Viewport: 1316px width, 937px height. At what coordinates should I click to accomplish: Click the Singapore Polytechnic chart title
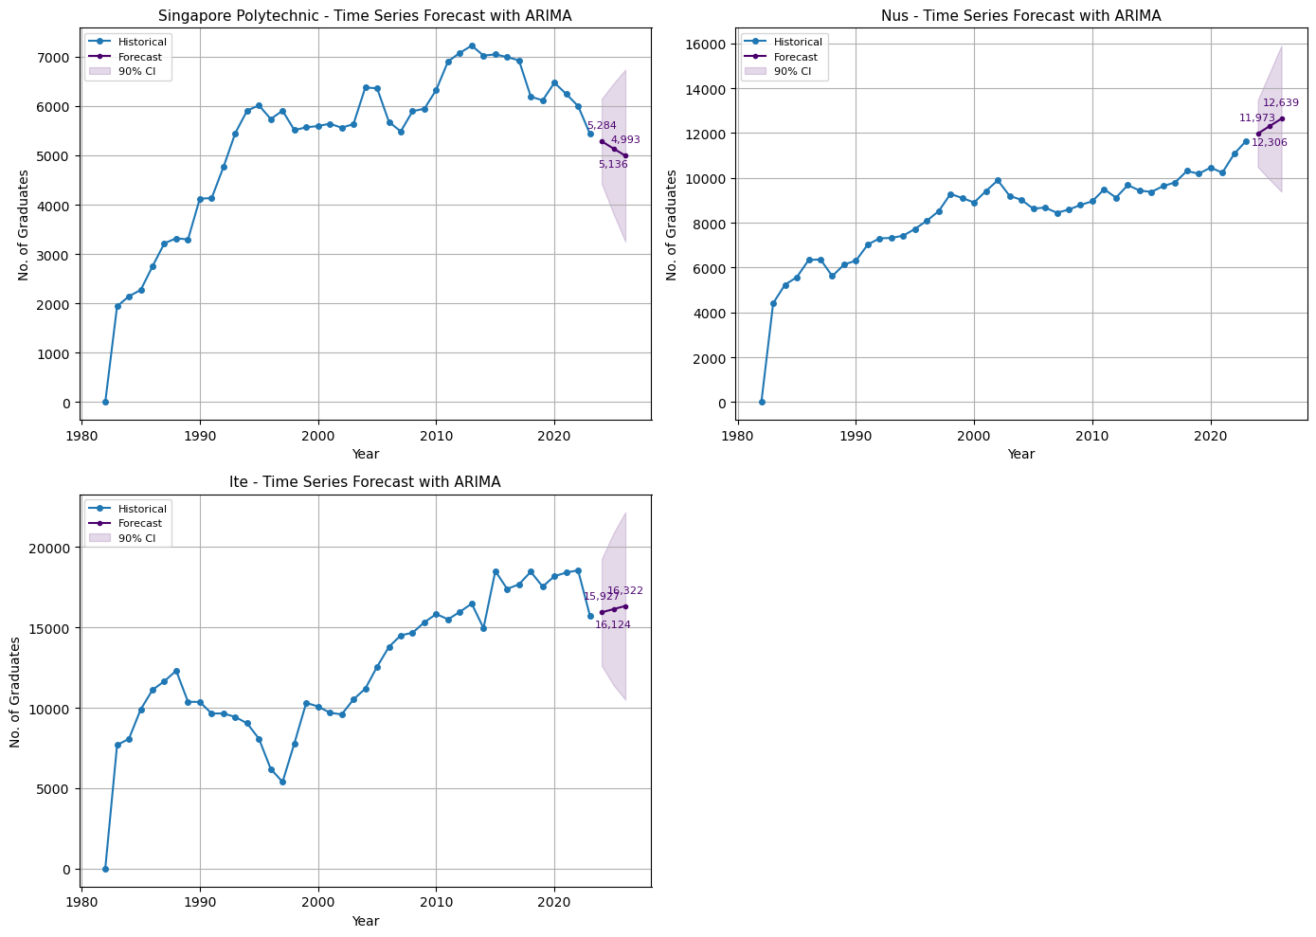coord(366,15)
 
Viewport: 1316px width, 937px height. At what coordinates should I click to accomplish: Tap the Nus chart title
coord(1020,15)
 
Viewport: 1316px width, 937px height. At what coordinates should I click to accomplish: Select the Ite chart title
coord(366,482)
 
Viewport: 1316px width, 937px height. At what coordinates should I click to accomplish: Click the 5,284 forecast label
coord(602,125)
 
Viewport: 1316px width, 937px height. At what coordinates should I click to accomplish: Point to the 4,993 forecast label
coord(625,139)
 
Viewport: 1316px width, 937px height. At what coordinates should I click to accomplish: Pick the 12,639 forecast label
coord(1281,103)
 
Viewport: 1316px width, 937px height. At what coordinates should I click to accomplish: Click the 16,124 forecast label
coord(613,624)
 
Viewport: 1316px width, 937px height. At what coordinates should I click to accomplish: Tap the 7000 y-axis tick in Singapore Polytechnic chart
coord(54,58)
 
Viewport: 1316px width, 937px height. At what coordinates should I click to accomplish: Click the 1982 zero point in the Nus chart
coord(761,402)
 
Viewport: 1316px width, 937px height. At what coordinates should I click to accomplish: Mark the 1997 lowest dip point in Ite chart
coord(282,782)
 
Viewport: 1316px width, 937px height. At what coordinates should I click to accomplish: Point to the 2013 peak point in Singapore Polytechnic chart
coord(472,45)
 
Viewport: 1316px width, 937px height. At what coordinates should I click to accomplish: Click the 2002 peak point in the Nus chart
coord(998,180)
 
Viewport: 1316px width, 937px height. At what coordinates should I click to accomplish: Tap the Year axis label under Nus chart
coord(1020,455)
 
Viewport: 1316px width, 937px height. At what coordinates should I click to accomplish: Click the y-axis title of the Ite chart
coord(16,692)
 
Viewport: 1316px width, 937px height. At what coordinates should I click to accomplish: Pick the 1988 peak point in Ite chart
coord(176,671)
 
